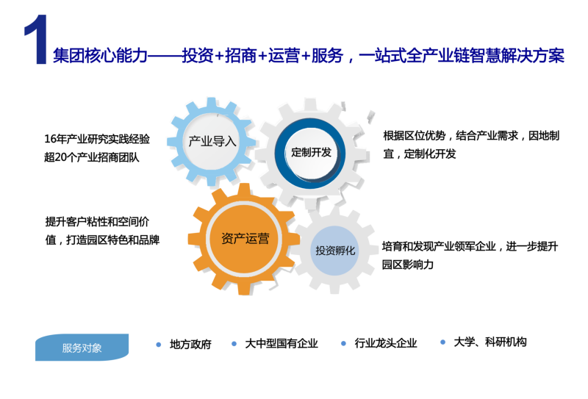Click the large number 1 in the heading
point(36,40)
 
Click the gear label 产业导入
point(212,141)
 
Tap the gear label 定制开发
point(311,152)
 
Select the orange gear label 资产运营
point(245,239)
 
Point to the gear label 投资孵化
point(335,251)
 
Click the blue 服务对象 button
point(82,348)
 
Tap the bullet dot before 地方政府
point(159,344)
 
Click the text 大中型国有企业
point(282,343)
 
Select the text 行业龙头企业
point(386,343)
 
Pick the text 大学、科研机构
point(490,342)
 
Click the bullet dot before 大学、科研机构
point(443,342)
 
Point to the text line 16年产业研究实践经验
point(97,139)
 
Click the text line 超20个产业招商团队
point(92,157)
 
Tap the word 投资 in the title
point(198,56)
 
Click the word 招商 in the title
point(241,56)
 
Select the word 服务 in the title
point(327,56)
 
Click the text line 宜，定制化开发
point(420,154)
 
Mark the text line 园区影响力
point(408,265)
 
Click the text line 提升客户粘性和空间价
point(98,222)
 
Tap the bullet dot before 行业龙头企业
point(343,343)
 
